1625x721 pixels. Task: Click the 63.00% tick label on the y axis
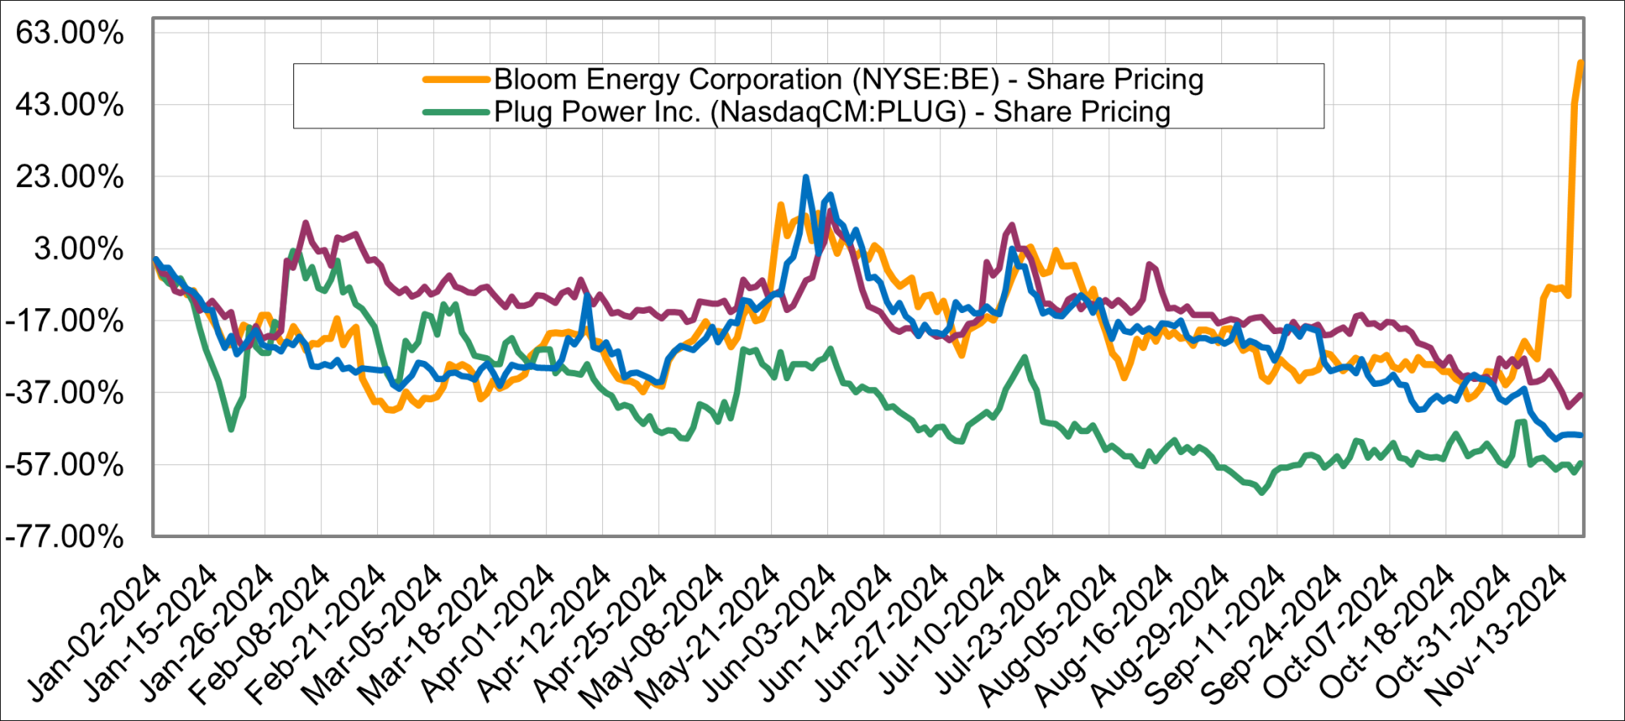70,33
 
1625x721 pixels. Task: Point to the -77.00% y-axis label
65,537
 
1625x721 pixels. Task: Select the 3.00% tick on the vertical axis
79,249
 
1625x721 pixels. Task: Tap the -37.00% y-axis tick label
65,393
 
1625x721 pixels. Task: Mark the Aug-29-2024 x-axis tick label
1160,634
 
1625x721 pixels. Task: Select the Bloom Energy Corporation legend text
848,80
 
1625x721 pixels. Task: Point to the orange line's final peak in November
1580,62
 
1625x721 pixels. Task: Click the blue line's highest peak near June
805,176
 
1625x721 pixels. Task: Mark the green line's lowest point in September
1261,493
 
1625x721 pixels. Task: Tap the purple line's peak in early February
305,222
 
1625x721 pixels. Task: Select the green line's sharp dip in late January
232,429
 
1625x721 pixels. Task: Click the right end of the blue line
1581,436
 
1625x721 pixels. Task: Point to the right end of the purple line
1581,395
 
